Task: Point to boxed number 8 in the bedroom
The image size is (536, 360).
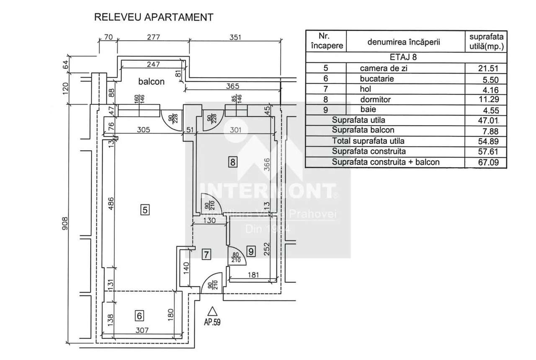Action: [232, 161]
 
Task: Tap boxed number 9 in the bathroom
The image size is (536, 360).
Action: [250, 251]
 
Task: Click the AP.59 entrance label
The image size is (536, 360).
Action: [212, 322]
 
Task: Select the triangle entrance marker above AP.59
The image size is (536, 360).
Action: [213, 311]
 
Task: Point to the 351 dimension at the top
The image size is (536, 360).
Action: [236, 37]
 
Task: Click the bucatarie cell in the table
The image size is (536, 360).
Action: [377, 79]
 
